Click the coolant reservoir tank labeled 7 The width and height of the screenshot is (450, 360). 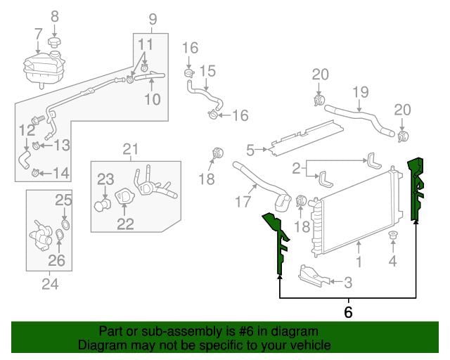44,69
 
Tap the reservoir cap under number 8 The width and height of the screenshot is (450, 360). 54,43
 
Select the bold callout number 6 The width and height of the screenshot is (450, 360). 348,312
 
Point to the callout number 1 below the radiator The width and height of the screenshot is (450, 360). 359,262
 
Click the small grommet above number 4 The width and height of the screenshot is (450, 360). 393,236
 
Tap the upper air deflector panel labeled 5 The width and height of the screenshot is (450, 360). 305,138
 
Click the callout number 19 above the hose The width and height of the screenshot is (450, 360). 361,92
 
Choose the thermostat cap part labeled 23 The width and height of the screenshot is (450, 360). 103,204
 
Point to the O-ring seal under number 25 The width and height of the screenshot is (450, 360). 65,225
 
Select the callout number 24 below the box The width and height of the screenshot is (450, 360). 50,284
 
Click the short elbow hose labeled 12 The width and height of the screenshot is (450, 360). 25,160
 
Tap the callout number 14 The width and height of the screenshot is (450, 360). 61,173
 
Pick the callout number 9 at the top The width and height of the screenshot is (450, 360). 153,19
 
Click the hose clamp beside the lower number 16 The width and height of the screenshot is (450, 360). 213,115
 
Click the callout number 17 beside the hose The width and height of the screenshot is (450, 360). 243,201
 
